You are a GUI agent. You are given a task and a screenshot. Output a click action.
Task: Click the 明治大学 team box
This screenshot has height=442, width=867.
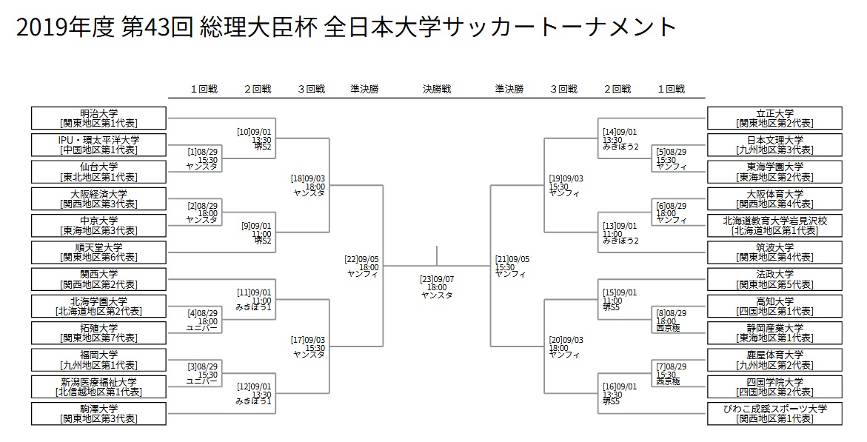coord(99,118)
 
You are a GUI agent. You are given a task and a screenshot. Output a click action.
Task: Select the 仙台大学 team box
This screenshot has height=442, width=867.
coord(99,172)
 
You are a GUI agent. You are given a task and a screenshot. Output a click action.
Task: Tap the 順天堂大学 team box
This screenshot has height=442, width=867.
coord(99,252)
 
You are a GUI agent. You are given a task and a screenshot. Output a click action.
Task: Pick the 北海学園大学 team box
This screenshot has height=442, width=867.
coord(99,307)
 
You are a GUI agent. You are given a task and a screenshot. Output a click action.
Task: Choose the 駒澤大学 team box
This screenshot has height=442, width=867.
coord(99,414)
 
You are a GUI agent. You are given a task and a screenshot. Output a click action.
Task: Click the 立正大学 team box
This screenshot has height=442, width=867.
coord(774,118)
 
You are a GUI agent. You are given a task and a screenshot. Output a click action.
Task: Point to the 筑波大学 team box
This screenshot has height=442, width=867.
coord(774,252)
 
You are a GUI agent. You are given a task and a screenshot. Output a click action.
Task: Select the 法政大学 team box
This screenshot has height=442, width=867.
coord(774,279)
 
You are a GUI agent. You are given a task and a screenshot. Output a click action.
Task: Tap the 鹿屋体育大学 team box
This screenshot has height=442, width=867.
coord(774,360)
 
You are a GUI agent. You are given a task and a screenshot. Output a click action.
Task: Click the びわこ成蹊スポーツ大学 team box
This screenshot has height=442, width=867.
coord(774,414)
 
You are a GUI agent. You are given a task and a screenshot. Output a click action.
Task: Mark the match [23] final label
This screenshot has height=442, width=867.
coord(437,288)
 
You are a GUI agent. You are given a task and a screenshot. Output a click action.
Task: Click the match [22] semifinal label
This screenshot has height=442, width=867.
coord(361,267)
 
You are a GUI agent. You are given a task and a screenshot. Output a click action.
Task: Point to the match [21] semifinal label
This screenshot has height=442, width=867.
coord(512,267)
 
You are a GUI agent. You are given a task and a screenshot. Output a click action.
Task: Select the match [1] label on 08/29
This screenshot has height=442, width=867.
coord(202,159)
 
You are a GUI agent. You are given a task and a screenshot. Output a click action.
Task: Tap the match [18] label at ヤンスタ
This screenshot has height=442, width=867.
coord(308,187)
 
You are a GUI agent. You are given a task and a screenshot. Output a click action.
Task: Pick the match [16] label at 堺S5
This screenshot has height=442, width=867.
coord(620,395)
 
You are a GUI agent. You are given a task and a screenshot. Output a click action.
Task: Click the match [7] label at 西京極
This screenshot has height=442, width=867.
coord(672,374)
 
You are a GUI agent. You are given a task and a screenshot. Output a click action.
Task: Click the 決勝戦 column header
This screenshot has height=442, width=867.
coord(437,89)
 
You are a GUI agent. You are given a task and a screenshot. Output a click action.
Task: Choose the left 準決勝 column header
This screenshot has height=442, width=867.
coord(364,89)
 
